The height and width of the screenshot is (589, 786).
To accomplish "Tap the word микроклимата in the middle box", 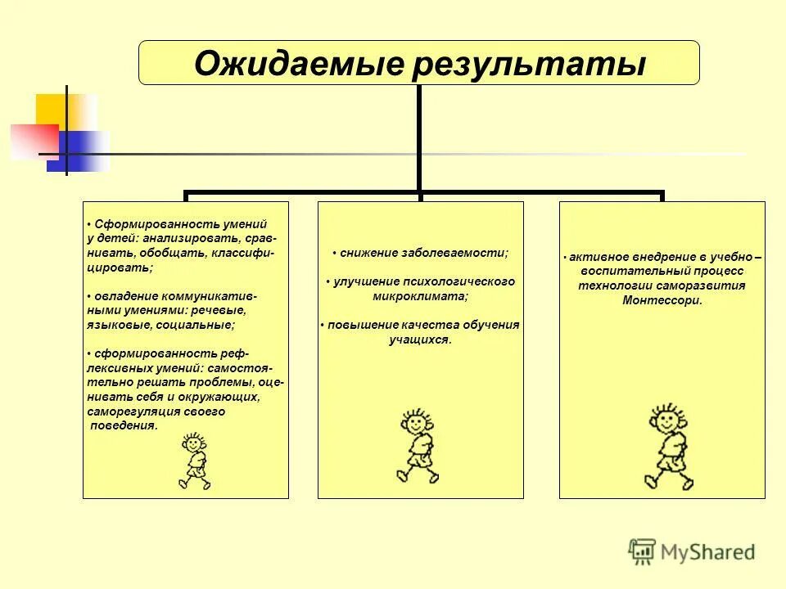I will pos(418,296).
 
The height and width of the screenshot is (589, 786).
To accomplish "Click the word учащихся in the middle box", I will pos(419,339).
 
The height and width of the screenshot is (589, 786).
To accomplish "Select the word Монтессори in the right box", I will pos(662,300).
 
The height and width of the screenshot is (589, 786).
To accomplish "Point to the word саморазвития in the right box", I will pos(709,286).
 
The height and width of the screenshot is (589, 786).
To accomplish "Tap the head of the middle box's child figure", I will pos(417,424).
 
